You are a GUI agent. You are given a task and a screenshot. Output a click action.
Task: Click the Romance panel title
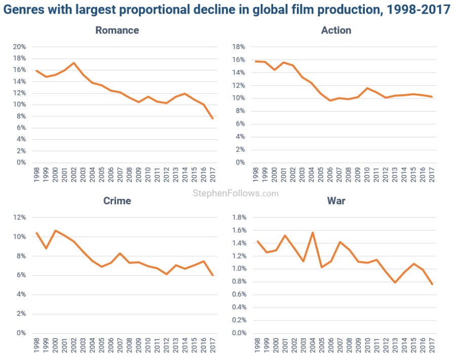click(x=117, y=30)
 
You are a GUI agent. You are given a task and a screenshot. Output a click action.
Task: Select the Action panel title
click(x=336, y=30)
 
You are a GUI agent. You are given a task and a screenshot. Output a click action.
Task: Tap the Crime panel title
click(x=117, y=201)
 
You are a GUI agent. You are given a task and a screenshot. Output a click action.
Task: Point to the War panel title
click(x=336, y=201)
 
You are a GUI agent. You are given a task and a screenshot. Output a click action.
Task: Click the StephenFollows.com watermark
click(x=236, y=193)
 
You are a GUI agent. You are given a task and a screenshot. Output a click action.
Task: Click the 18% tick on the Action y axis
click(x=238, y=47)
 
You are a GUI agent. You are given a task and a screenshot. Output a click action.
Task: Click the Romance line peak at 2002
click(x=74, y=63)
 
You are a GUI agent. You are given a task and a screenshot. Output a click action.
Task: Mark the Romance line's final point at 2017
click(x=213, y=119)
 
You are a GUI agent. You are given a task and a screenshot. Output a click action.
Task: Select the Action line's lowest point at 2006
click(x=330, y=100)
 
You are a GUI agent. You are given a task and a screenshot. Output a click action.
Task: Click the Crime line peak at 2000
click(x=55, y=230)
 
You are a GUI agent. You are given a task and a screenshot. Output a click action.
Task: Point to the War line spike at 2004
click(x=313, y=232)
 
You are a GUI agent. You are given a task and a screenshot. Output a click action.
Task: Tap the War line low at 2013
click(x=396, y=282)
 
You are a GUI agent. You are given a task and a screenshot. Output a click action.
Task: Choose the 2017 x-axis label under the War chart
click(x=432, y=345)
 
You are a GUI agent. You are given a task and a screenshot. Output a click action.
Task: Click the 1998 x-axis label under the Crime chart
click(x=36, y=345)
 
